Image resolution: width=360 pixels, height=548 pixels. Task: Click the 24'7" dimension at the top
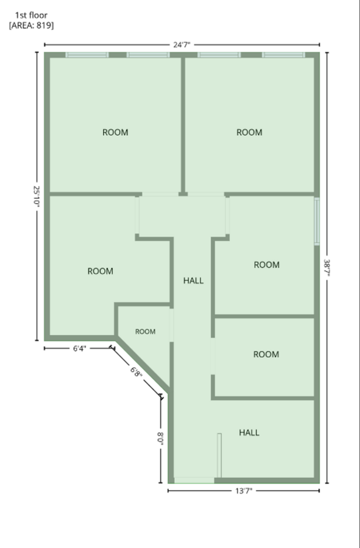(x=182, y=44)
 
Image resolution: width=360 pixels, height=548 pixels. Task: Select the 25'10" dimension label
(x=37, y=197)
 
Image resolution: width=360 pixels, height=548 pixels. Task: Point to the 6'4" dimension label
(x=79, y=348)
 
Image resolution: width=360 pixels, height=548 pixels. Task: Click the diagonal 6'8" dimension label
(x=136, y=372)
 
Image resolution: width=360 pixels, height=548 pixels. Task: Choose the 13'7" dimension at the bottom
(x=244, y=491)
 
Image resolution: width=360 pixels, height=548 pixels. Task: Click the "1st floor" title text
(x=31, y=15)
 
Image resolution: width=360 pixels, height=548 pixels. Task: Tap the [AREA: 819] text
(x=32, y=26)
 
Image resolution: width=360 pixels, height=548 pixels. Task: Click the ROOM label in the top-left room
(x=115, y=133)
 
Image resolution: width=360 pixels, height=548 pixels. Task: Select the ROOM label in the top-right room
(x=249, y=133)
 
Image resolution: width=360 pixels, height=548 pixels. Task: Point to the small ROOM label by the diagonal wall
(x=146, y=332)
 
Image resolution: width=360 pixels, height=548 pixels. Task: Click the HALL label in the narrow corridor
(x=193, y=281)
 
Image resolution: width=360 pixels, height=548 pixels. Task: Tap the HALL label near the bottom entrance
(x=249, y=433)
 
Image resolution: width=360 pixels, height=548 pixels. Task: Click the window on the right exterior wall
(x=317, y=222)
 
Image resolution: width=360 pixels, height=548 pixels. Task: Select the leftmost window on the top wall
(x=87, y=55)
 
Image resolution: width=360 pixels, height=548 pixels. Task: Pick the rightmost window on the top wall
(x=283, y=55)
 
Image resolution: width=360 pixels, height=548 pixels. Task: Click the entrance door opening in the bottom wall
(x=194, y=480)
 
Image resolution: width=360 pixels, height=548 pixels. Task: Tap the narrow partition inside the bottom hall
(x=219, y=455)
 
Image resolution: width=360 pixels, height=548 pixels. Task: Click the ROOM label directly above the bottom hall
(x=266, y=354)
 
